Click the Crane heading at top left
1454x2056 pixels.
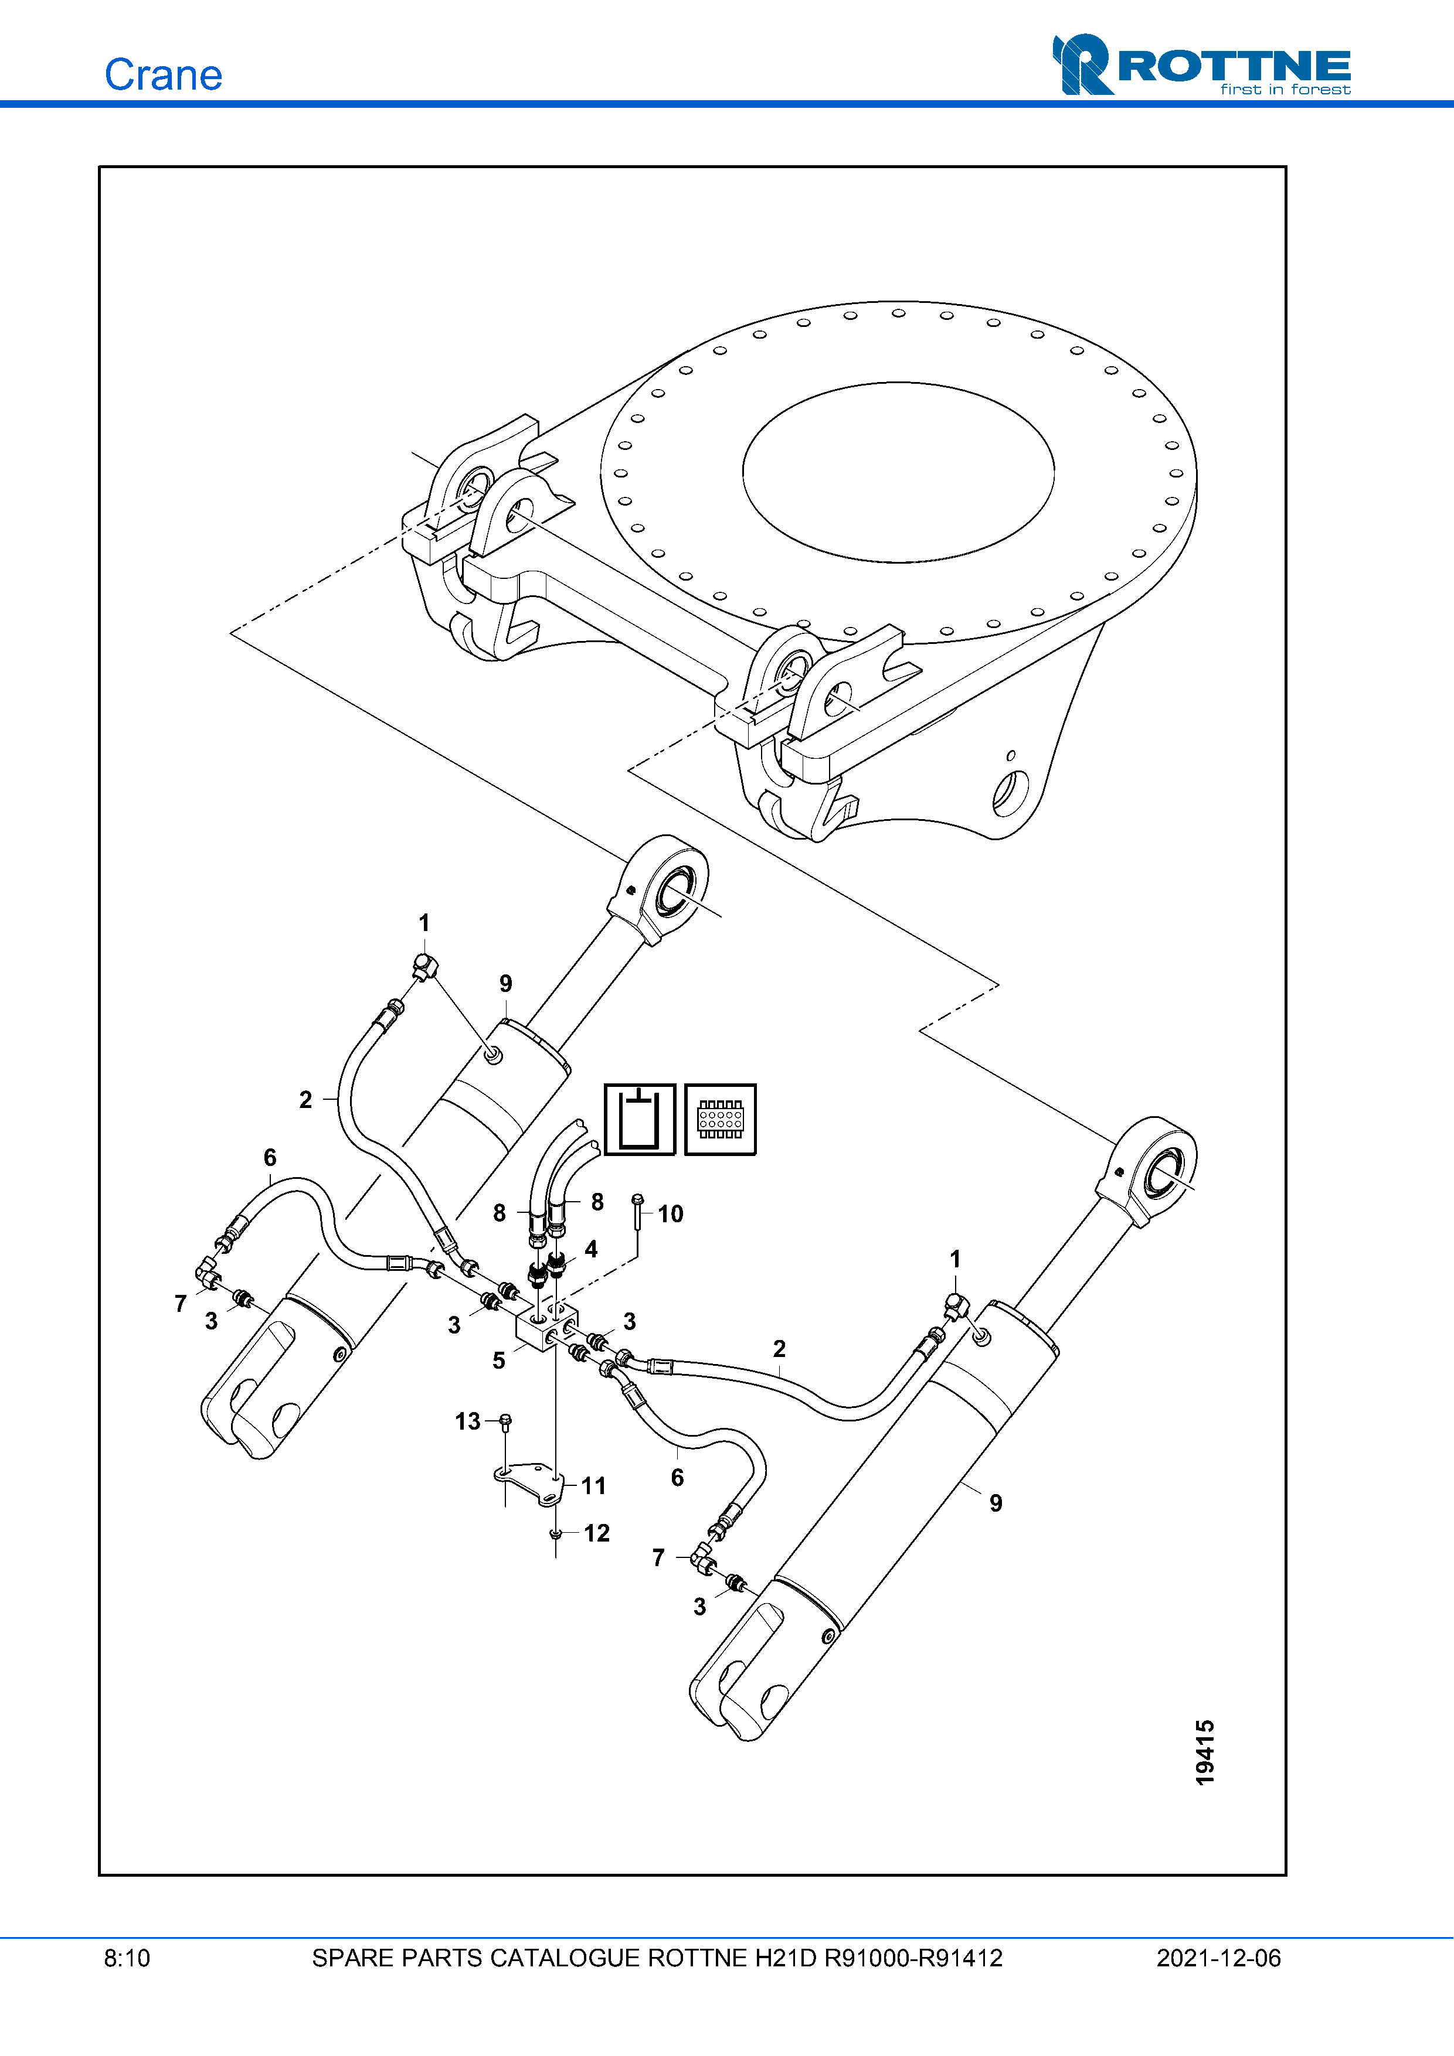pos(163,74)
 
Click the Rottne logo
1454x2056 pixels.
pos(1201,64)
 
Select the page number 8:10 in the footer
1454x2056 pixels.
pos(127,1958)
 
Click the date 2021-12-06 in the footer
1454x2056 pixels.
pos(1218,1958)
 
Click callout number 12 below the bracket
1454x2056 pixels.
pos(597,1533)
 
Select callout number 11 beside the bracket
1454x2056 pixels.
pos(594,1485)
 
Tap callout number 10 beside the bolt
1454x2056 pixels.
pos(670,1213)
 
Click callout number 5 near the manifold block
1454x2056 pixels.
pos(499,1361)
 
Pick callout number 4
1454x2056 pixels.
pos(592,1249)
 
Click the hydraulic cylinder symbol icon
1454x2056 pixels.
pos(640,1119)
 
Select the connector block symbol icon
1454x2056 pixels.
pos(721,1119)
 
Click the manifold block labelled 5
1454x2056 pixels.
pos(546,1327)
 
